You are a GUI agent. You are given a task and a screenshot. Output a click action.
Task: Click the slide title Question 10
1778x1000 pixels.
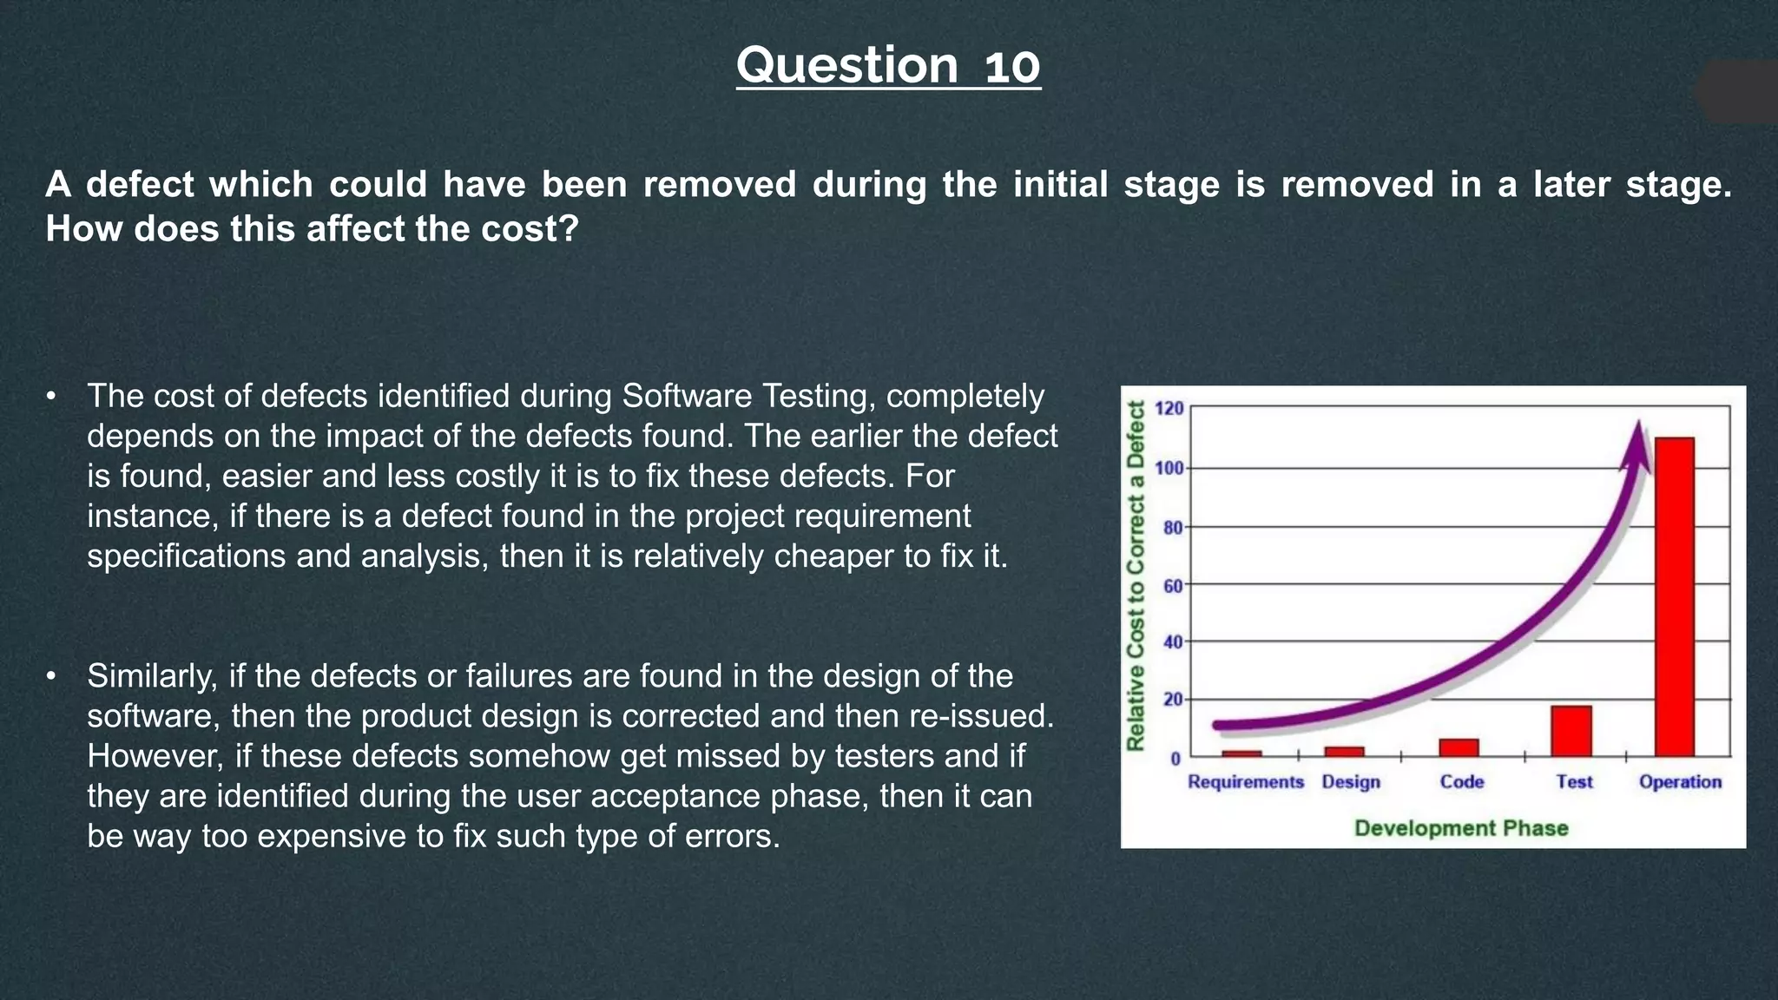888,65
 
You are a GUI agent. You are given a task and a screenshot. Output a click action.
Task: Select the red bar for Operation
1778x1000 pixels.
1674,597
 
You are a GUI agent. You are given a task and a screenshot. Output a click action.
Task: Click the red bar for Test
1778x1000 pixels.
1571,731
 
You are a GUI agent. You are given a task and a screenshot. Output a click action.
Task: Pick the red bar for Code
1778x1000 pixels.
1459,747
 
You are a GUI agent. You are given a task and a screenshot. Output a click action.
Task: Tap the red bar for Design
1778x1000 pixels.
1344,752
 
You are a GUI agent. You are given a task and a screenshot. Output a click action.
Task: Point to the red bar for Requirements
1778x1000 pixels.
1241,753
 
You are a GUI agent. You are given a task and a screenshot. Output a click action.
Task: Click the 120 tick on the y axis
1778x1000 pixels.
1169,408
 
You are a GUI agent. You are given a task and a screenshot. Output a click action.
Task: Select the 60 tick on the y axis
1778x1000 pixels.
1172,586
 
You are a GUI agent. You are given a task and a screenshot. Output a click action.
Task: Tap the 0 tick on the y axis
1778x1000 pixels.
1175,759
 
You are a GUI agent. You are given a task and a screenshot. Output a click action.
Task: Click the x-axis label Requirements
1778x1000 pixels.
1246,782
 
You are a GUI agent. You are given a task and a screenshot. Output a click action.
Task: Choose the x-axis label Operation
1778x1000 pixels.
1680,782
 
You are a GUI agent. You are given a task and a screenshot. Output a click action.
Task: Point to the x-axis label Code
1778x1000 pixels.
1461,782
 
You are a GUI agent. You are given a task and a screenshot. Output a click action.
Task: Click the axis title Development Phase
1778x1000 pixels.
1461,828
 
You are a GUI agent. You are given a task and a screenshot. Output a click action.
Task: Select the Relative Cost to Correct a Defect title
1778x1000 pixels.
1136,575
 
